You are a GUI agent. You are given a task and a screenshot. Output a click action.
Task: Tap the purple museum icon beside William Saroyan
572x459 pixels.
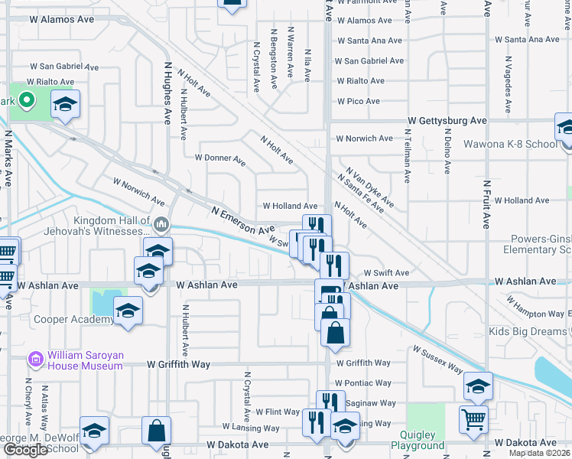tap(34, 357)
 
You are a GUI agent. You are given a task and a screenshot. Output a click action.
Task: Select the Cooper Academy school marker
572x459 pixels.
tap(128, 311)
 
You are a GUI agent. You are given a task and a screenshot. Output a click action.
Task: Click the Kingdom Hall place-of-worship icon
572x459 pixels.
tap(161, 224)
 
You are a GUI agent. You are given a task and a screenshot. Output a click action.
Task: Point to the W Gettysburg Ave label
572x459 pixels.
tap(447, 121)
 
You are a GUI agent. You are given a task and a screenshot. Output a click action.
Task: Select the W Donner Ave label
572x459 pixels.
tap(219, 159)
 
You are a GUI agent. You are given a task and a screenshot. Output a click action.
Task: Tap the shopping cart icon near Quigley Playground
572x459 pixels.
tap(473, 418)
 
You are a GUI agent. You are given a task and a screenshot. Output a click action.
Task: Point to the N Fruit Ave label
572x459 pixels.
tap(486, 205)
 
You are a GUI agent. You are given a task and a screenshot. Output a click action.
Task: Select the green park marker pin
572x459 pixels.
tap(27, 100)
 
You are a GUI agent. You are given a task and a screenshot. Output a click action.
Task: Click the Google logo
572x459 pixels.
tap(25, 450)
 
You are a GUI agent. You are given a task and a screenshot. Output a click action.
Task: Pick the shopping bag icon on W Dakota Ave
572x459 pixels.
tap(156, 430)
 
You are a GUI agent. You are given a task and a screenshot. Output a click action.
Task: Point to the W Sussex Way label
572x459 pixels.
tap(437, 360)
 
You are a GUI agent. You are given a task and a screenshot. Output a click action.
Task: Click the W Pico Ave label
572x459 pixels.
tap(359, 101)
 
